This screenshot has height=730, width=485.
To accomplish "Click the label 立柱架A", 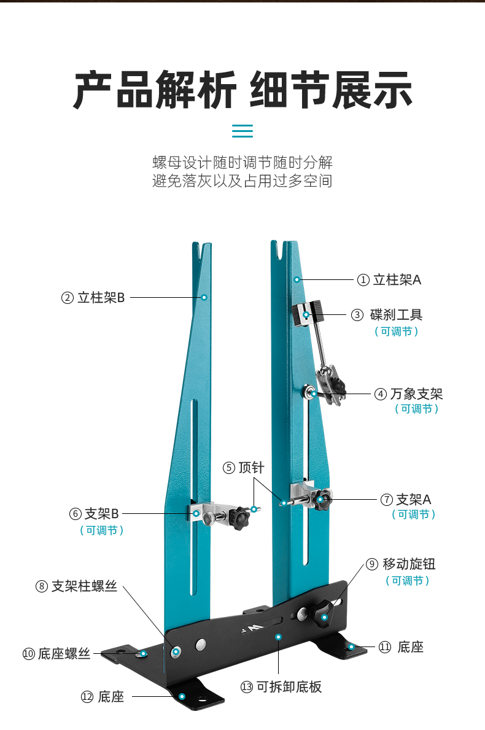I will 397,280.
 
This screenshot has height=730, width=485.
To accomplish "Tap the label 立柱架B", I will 101,298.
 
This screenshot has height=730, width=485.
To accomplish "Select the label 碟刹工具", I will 396,315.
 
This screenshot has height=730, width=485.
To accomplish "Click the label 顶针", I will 251,468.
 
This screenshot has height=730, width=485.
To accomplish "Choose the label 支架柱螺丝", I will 83,586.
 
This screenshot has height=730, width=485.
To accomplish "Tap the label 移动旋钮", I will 409,564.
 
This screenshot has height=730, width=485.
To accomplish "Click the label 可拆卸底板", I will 289,686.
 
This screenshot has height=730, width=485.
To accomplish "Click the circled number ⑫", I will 87,697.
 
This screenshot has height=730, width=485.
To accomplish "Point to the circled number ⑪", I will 385,647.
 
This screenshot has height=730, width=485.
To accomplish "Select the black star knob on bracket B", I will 239,519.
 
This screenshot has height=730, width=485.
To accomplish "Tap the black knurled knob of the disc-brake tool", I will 317,311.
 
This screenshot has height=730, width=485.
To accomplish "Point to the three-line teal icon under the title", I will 243,131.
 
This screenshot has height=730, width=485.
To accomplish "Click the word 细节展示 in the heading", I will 331,91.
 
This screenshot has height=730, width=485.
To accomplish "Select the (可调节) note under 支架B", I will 102,530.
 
